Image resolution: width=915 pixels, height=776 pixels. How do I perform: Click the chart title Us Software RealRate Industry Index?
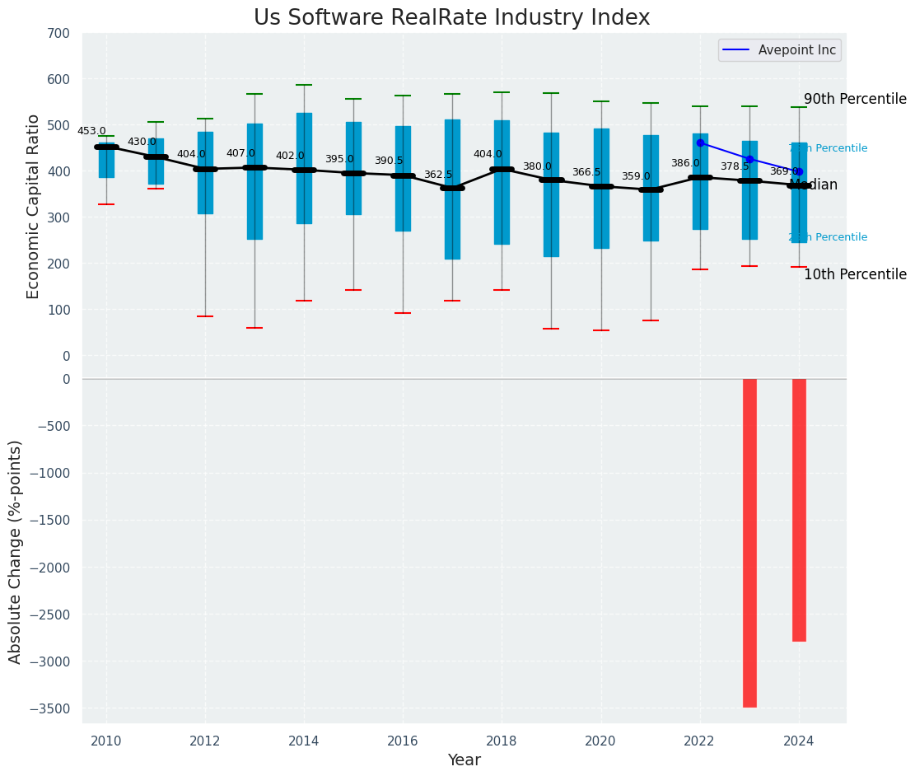click(x=451, y=18)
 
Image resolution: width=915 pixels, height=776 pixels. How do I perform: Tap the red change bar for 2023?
click(x=749, y=542)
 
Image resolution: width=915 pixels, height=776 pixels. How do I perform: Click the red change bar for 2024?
click(x=799, y=509)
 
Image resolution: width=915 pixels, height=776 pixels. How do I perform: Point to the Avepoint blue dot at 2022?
click(x=700, y=143)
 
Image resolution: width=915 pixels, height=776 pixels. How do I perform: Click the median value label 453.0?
click(x=91, y=131)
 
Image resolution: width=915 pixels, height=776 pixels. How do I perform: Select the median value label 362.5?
click(x=438, y=175)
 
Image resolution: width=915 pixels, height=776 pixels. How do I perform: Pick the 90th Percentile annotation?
click(x=855, y=99)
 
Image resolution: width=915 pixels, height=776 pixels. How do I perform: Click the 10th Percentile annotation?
click(x=855, y=274)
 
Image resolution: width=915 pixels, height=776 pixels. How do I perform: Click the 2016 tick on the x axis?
click(x=403, y=741)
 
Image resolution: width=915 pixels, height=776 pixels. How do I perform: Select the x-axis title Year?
click(x=464, y=760)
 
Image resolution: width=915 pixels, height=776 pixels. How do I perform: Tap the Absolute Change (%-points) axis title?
click(x=16, y=551)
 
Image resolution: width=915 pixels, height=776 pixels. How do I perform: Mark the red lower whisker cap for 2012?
click(x=205, y=316)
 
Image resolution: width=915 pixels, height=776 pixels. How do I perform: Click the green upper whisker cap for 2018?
click(x=502, y=92)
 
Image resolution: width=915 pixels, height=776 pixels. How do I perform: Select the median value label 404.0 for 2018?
click(x=488, y=154)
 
